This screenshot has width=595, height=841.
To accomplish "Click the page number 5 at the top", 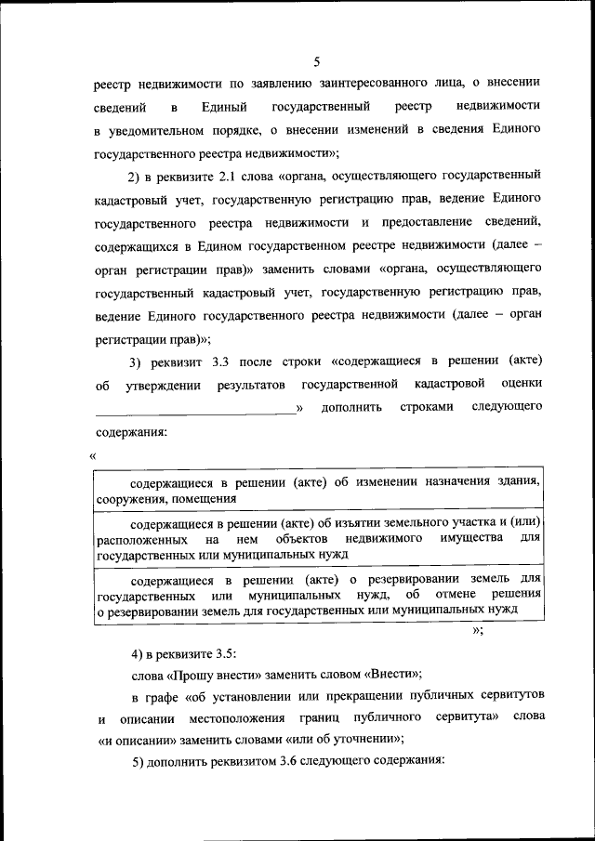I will coord(316,62).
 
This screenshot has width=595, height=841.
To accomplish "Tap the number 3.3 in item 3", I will coord(203,361).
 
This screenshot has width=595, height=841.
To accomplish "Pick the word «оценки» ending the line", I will coord(521,384).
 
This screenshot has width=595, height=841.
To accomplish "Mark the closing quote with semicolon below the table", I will coord(478,632).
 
